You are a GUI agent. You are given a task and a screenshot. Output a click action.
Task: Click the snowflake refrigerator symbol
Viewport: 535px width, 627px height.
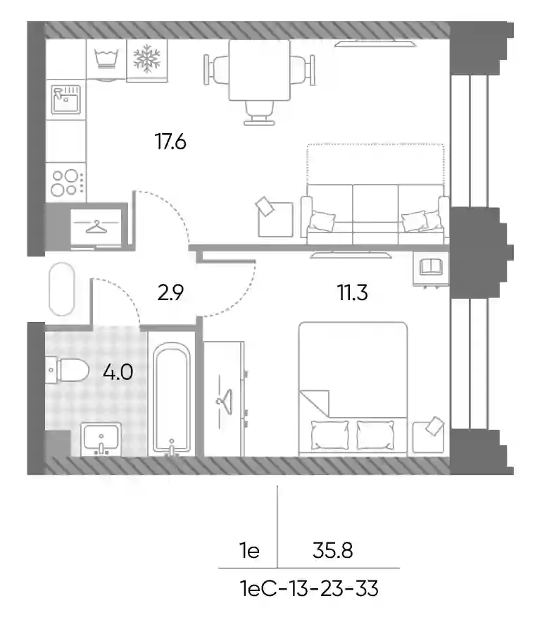tap(146, 59)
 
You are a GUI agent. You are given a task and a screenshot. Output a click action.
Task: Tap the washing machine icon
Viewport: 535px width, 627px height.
tap(107, 58)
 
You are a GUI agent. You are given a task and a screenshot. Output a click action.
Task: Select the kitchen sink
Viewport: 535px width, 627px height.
tap(66, 99)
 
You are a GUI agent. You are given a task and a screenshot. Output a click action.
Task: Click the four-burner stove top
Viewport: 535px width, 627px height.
tap(66, 182)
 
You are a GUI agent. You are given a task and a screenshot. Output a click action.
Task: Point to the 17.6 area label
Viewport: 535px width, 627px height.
tap(170, 142)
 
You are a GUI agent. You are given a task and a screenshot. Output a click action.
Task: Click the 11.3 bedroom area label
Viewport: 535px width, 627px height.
tap(353, 292)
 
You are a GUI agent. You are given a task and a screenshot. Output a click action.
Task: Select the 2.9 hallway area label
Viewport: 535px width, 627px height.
tap(170, 292)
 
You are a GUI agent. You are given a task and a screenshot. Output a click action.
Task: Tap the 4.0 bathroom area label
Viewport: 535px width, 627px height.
tap(118, 372)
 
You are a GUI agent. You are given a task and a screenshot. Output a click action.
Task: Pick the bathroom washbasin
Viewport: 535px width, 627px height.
tap(101, 439)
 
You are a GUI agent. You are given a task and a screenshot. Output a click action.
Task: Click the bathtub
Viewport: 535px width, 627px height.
tap(172, 398)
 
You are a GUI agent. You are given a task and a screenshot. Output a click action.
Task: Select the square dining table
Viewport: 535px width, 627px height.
tap(259, 70)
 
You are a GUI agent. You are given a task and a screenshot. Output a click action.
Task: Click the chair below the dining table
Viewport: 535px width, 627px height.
tap(259, 113)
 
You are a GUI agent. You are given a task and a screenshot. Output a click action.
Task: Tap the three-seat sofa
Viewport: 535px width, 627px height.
tap(375, 214)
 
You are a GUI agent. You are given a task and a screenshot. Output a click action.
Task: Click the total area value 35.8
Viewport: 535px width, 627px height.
tap(333, 551)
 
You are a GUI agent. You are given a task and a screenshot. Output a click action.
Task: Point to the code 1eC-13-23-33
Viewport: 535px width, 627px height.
tap(309, 588)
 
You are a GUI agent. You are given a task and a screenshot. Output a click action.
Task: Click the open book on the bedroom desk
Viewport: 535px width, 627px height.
tap(431, 267)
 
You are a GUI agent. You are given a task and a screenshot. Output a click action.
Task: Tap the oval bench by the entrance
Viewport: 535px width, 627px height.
tap(62, 289)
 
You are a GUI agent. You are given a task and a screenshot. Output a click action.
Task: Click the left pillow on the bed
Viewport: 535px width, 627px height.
tap(329, 435)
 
